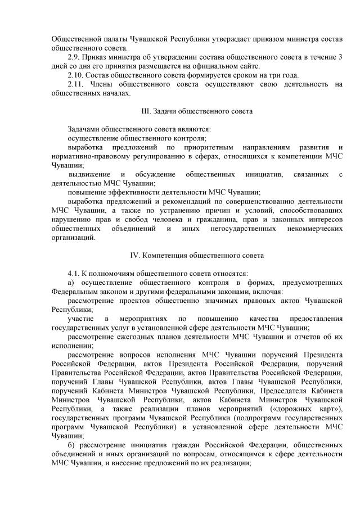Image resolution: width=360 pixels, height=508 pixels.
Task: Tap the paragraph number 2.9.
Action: [x=74, y=58]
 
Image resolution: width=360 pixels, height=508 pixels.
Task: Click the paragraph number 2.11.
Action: [x=76, y=84]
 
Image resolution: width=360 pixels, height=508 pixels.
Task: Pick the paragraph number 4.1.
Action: [x=74, y=273]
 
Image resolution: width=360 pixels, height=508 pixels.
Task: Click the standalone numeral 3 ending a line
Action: [x=340, y=58]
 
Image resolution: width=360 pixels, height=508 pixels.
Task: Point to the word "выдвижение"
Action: [x=90, y=174]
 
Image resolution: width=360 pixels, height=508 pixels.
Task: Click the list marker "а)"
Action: [x=71, y=282]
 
